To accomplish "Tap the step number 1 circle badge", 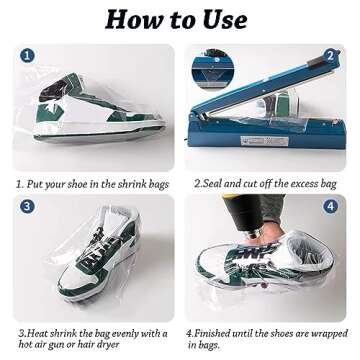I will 26,56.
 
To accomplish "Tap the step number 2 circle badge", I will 330,56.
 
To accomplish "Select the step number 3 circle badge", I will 26,206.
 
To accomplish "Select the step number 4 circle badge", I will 331,206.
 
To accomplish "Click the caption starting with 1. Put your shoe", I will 92,184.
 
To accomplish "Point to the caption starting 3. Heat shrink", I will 92,337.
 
